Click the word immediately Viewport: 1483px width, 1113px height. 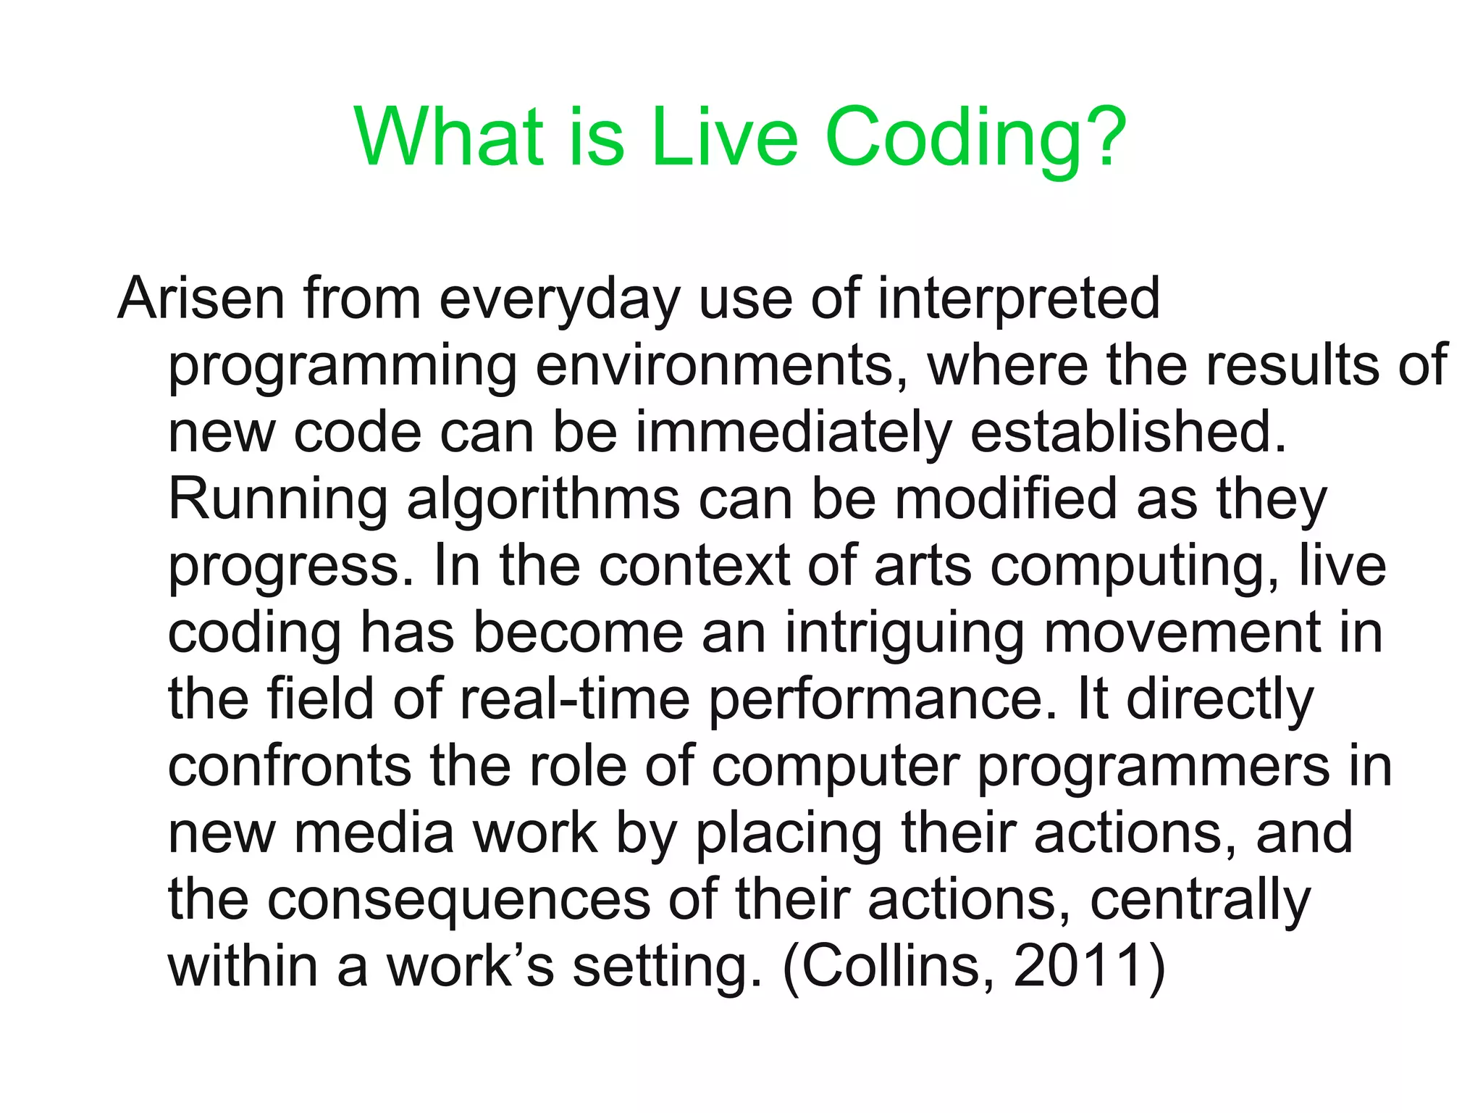tap(794, 433)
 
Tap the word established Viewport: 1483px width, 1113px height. tap(1128, 433)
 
